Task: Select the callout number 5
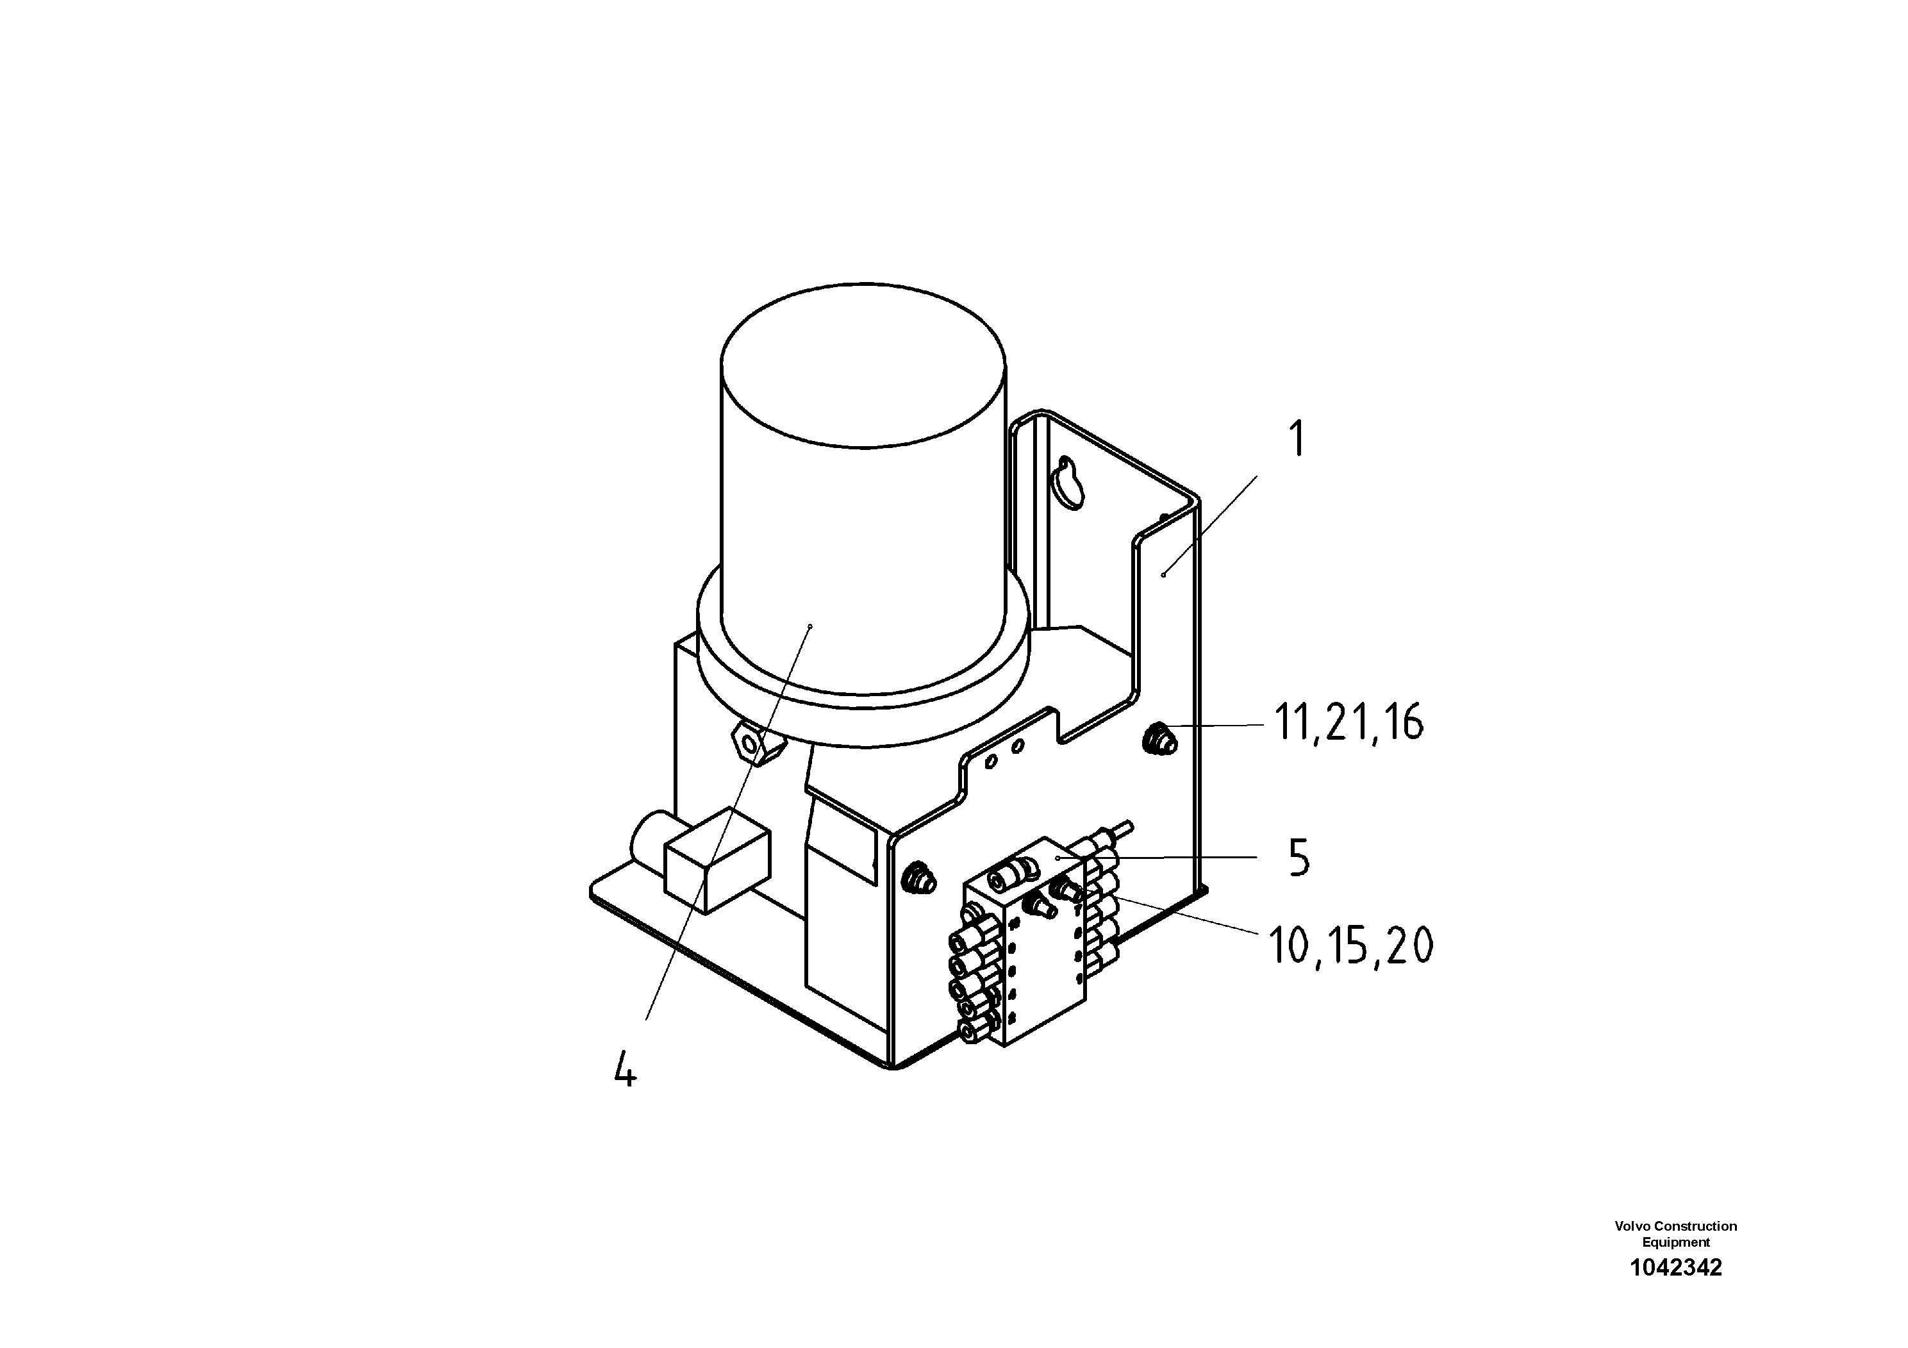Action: tap(1299, 858)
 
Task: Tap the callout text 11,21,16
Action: tap(1348, 723)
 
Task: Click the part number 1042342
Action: tap(1675, 1267)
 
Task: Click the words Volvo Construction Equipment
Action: tap(1675, 1234)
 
